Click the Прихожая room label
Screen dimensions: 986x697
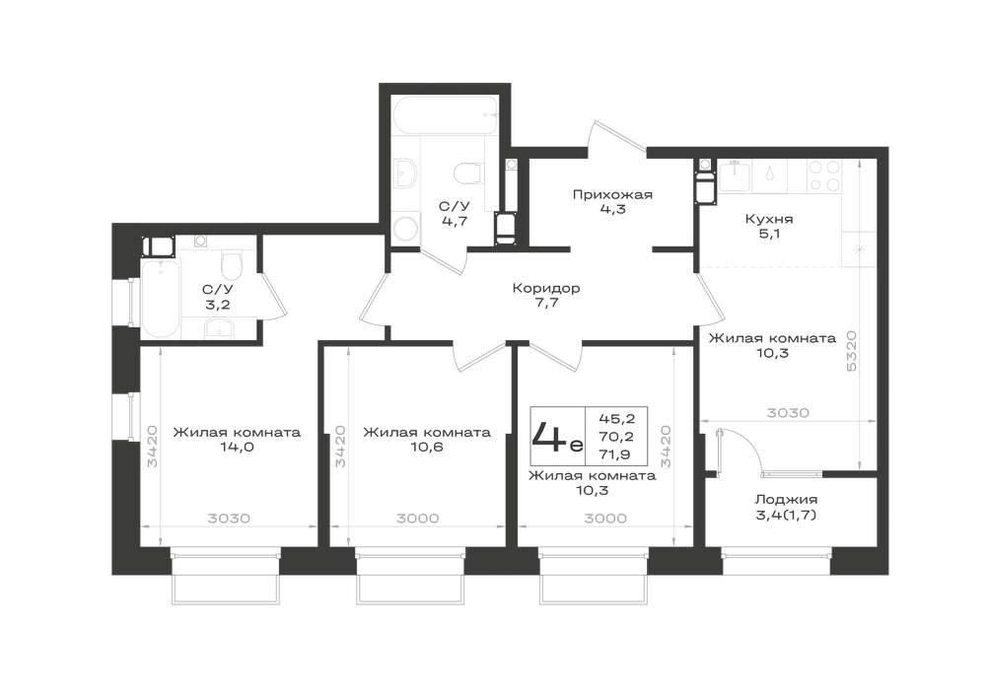coord(612,195)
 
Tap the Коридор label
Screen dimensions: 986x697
coord(545,289)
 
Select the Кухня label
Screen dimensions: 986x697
coord(768,219)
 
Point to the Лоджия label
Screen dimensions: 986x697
coord(786,500)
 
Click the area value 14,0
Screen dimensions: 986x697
coord(237,448)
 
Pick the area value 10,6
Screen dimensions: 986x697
coord(426,448)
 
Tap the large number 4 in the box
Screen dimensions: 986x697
coord(549,436)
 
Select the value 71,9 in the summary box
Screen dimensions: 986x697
coord(615,453)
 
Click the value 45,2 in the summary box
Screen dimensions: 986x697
coord(615,419)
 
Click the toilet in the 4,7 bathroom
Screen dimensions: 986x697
coord(466,174)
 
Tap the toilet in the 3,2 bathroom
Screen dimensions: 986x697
coord(232,266)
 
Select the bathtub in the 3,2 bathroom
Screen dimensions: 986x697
coord(160,300)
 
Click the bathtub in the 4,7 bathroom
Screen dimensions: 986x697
coord(447,114)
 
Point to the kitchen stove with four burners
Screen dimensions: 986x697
coord(824,176)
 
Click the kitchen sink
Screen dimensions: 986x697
coord(736,177)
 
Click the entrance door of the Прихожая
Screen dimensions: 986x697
coord(617,136)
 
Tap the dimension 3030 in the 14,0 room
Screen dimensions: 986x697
coord(229,519)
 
